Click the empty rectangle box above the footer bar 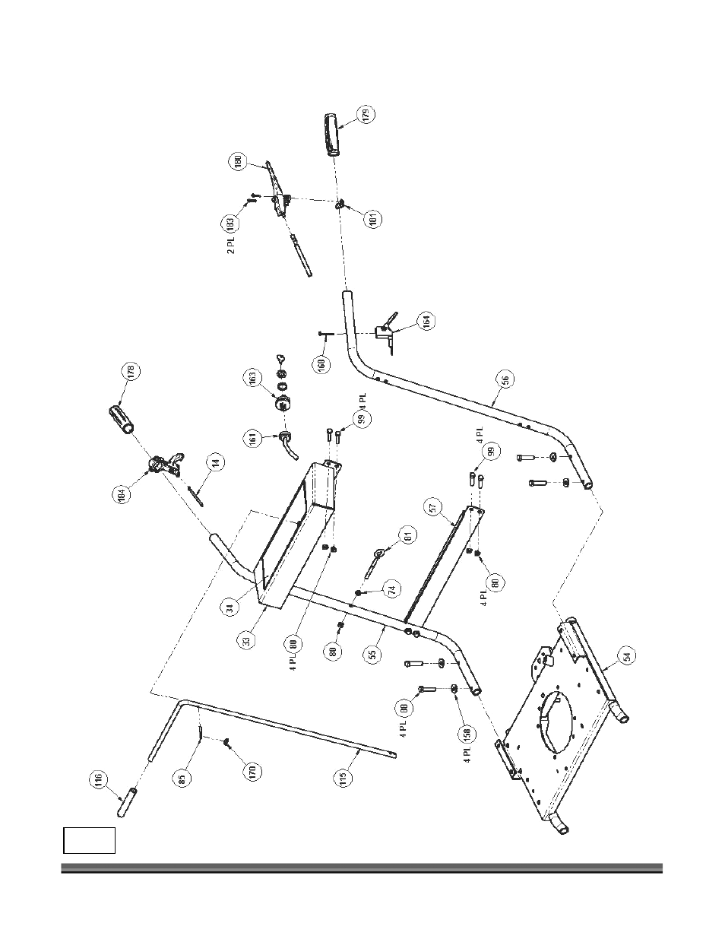click(x=88, y=840)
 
